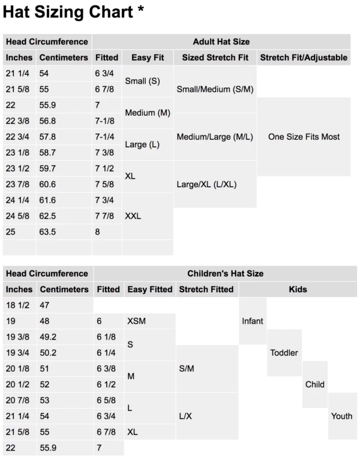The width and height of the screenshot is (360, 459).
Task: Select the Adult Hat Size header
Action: point(221,42)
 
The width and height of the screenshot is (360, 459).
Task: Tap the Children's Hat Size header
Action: point(225,274)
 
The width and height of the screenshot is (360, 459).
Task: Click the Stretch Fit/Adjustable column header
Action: point(303,58)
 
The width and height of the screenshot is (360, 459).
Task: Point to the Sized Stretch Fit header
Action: point(215,58)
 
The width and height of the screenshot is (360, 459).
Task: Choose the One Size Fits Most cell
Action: point(304,137)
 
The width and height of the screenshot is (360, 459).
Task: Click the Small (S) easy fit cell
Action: point(142,80)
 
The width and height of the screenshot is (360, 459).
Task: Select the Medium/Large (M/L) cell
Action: point(215,137)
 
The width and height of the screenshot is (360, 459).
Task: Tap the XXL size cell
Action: point(134,215)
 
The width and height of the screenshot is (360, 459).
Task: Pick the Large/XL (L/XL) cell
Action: point(207,184)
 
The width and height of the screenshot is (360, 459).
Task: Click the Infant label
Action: point(252,321)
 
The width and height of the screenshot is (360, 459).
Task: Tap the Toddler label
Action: point(284,352)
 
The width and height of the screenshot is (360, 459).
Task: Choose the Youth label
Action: point(341,416)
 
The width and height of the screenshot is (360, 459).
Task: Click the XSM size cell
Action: point(137,321)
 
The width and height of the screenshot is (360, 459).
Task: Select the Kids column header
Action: point(298,289)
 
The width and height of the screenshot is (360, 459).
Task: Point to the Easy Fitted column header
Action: point(149,289)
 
